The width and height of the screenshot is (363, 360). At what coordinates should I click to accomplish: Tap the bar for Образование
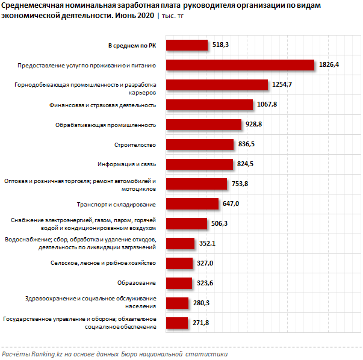tap(179, 283)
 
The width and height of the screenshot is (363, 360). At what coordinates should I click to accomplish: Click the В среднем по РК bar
tap(187, 45)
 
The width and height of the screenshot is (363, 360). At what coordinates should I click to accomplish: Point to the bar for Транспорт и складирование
tap(191, 204)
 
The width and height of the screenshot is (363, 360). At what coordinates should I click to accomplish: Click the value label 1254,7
tap(282, 85)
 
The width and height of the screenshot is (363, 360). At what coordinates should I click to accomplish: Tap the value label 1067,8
tap(267, 105)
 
